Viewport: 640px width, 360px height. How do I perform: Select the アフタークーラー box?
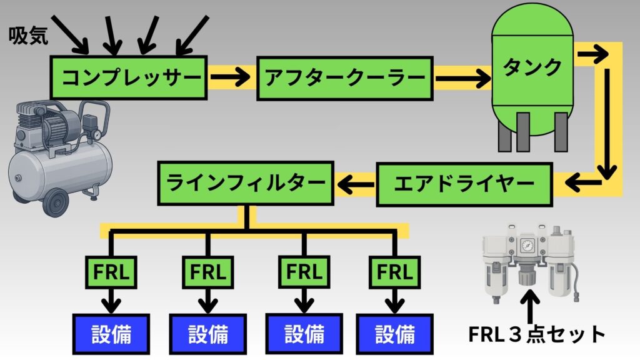click(344, 78)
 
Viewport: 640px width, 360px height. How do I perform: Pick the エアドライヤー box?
click(464, 184)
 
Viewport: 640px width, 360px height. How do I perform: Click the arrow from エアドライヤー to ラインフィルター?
click(355, 184)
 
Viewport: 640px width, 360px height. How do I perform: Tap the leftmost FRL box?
click(111, 272)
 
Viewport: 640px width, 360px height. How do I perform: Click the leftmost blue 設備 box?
click(111, 334)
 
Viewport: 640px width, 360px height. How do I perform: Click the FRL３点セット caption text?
click(537, 334)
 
